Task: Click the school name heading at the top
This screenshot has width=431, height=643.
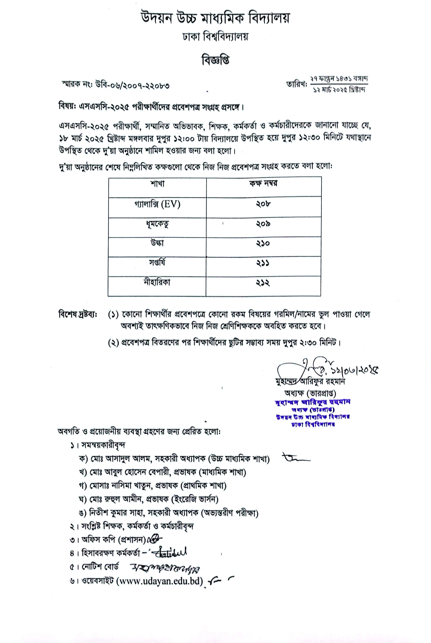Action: tap(215, 19)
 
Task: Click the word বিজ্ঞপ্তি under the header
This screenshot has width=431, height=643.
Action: tap(215, 60)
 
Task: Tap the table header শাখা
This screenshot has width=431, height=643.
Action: tap(157, 184)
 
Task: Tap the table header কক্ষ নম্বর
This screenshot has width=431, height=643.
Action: tap(263, 184)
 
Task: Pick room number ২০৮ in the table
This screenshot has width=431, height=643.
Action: tap(263, 204)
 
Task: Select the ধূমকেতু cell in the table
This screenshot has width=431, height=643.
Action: tap(157, 224)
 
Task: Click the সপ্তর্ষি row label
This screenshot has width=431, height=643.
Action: tap(157, 263)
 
